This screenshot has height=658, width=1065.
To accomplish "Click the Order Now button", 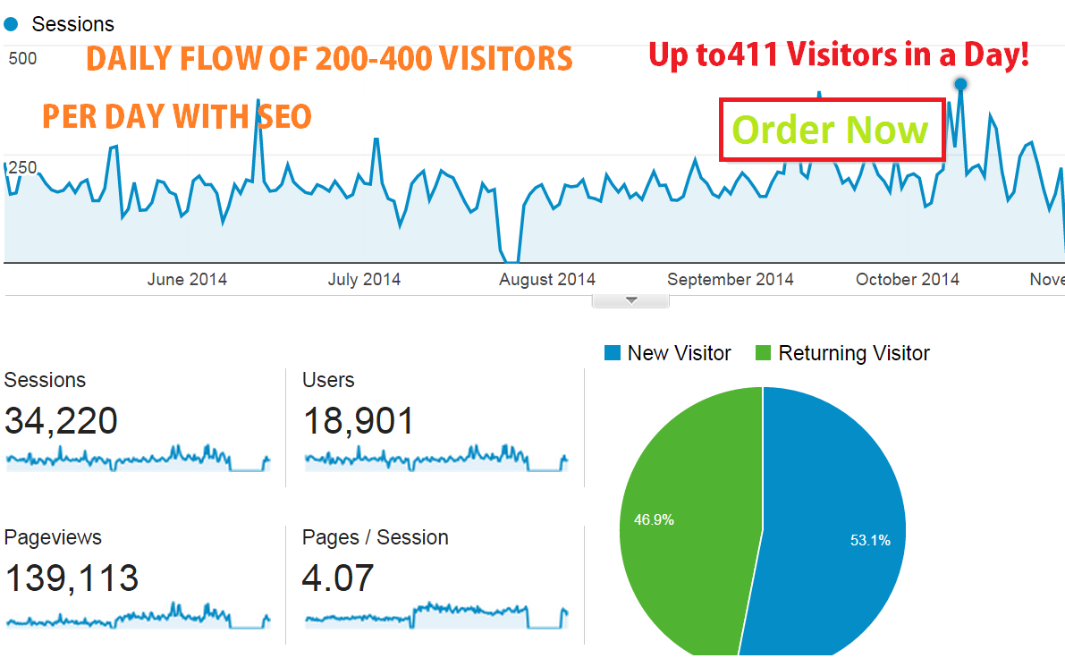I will [832, 131].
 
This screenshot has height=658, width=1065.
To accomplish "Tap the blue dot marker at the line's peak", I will [960, 84].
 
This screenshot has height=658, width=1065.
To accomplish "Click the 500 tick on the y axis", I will [21, 59].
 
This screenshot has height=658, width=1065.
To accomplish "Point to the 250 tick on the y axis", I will [21, 167].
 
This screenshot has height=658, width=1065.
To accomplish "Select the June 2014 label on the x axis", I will [187, 280].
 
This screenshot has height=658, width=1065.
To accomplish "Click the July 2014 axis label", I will [364, 280].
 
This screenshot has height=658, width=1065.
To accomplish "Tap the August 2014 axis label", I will [547, 280].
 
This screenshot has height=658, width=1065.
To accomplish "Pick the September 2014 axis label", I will [731, 280].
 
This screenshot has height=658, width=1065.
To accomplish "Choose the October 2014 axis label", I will [907, 280].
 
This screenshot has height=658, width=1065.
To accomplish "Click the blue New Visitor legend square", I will [613, 353].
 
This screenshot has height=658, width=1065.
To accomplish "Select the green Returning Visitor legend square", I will [764, 353].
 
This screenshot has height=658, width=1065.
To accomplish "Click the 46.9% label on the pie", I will [655, 519].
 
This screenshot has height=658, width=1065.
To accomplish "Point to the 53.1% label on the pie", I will [870, 540].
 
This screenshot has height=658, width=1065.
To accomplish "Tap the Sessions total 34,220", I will [61, 420].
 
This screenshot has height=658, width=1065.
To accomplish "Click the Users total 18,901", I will [359, 420].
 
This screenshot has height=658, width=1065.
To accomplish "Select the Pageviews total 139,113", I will [72, 578].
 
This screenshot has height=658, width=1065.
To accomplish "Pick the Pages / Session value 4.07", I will [337, 578].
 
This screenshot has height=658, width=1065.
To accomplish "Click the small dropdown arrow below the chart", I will [630, 301].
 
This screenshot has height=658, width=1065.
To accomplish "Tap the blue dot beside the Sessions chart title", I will [12, 24].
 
